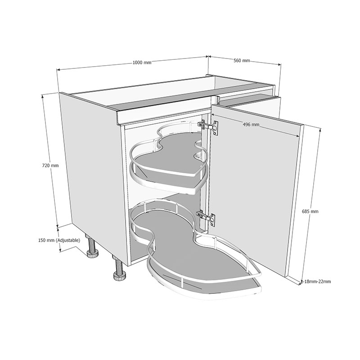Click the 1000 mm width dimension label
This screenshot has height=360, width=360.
pyautogui.click(x=142, y=63)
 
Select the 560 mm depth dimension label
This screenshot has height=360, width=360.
pyautogui.click(x=242, y=60)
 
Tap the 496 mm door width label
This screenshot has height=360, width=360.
pyautogui.click(x=251, y=125)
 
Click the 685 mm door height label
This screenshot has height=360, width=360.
pyautogui.click(x=311, y=211)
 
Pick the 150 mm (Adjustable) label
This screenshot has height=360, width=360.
pyautogui.click(x=59, y=240)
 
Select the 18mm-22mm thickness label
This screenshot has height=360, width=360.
pyautogui.click(x=318, y=282)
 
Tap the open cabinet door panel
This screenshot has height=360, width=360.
pyautogui.click(x=256, y=189)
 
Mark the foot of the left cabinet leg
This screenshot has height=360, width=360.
pyautogui.click(x=93, y=255)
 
